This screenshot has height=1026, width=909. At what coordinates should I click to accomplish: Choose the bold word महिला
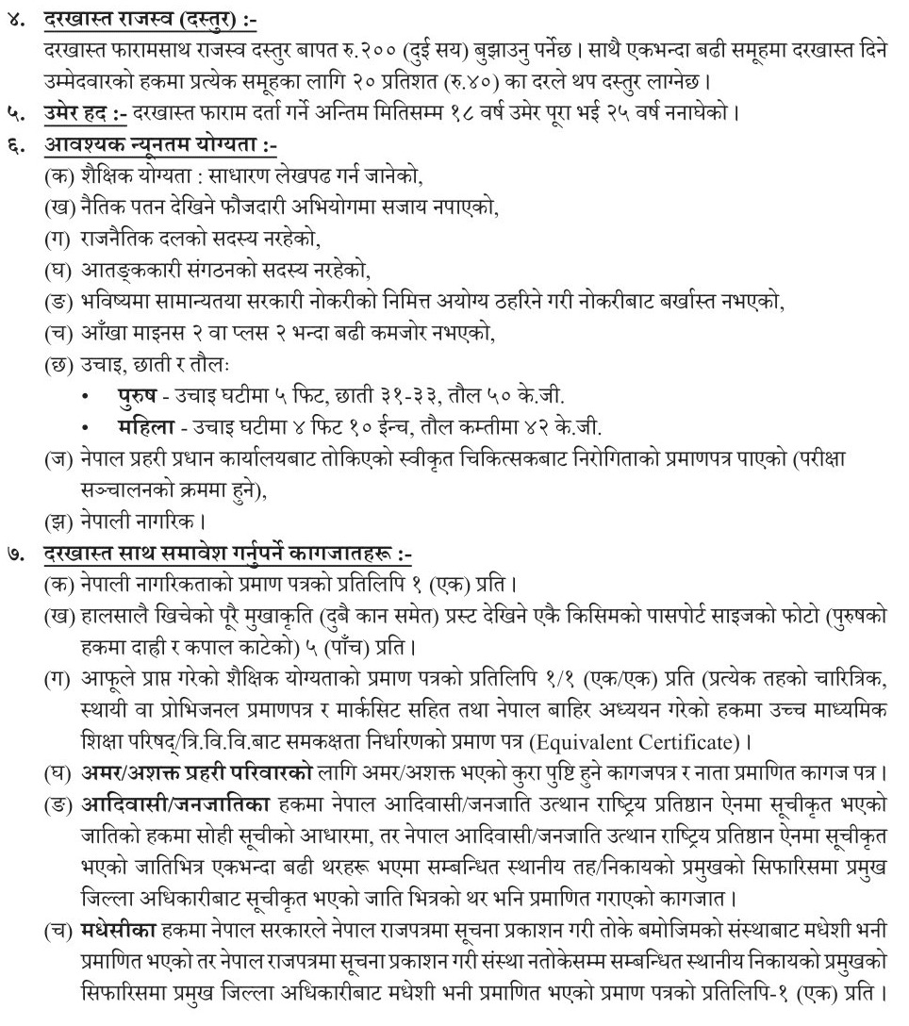coord(139,426)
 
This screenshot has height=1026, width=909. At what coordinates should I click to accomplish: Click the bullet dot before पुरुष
coord(87,397)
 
